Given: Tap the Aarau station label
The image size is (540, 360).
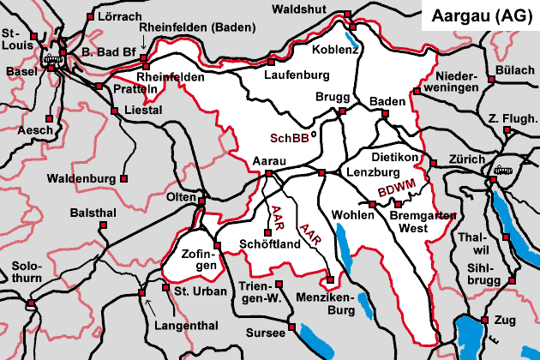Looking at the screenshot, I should (270, 160).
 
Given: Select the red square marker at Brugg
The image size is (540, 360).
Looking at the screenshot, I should (342, 111).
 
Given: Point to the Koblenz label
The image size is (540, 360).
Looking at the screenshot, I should (341, 49).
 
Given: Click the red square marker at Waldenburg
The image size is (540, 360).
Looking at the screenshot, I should (125, 179).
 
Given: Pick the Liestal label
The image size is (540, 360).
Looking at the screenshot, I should (142, 111).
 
